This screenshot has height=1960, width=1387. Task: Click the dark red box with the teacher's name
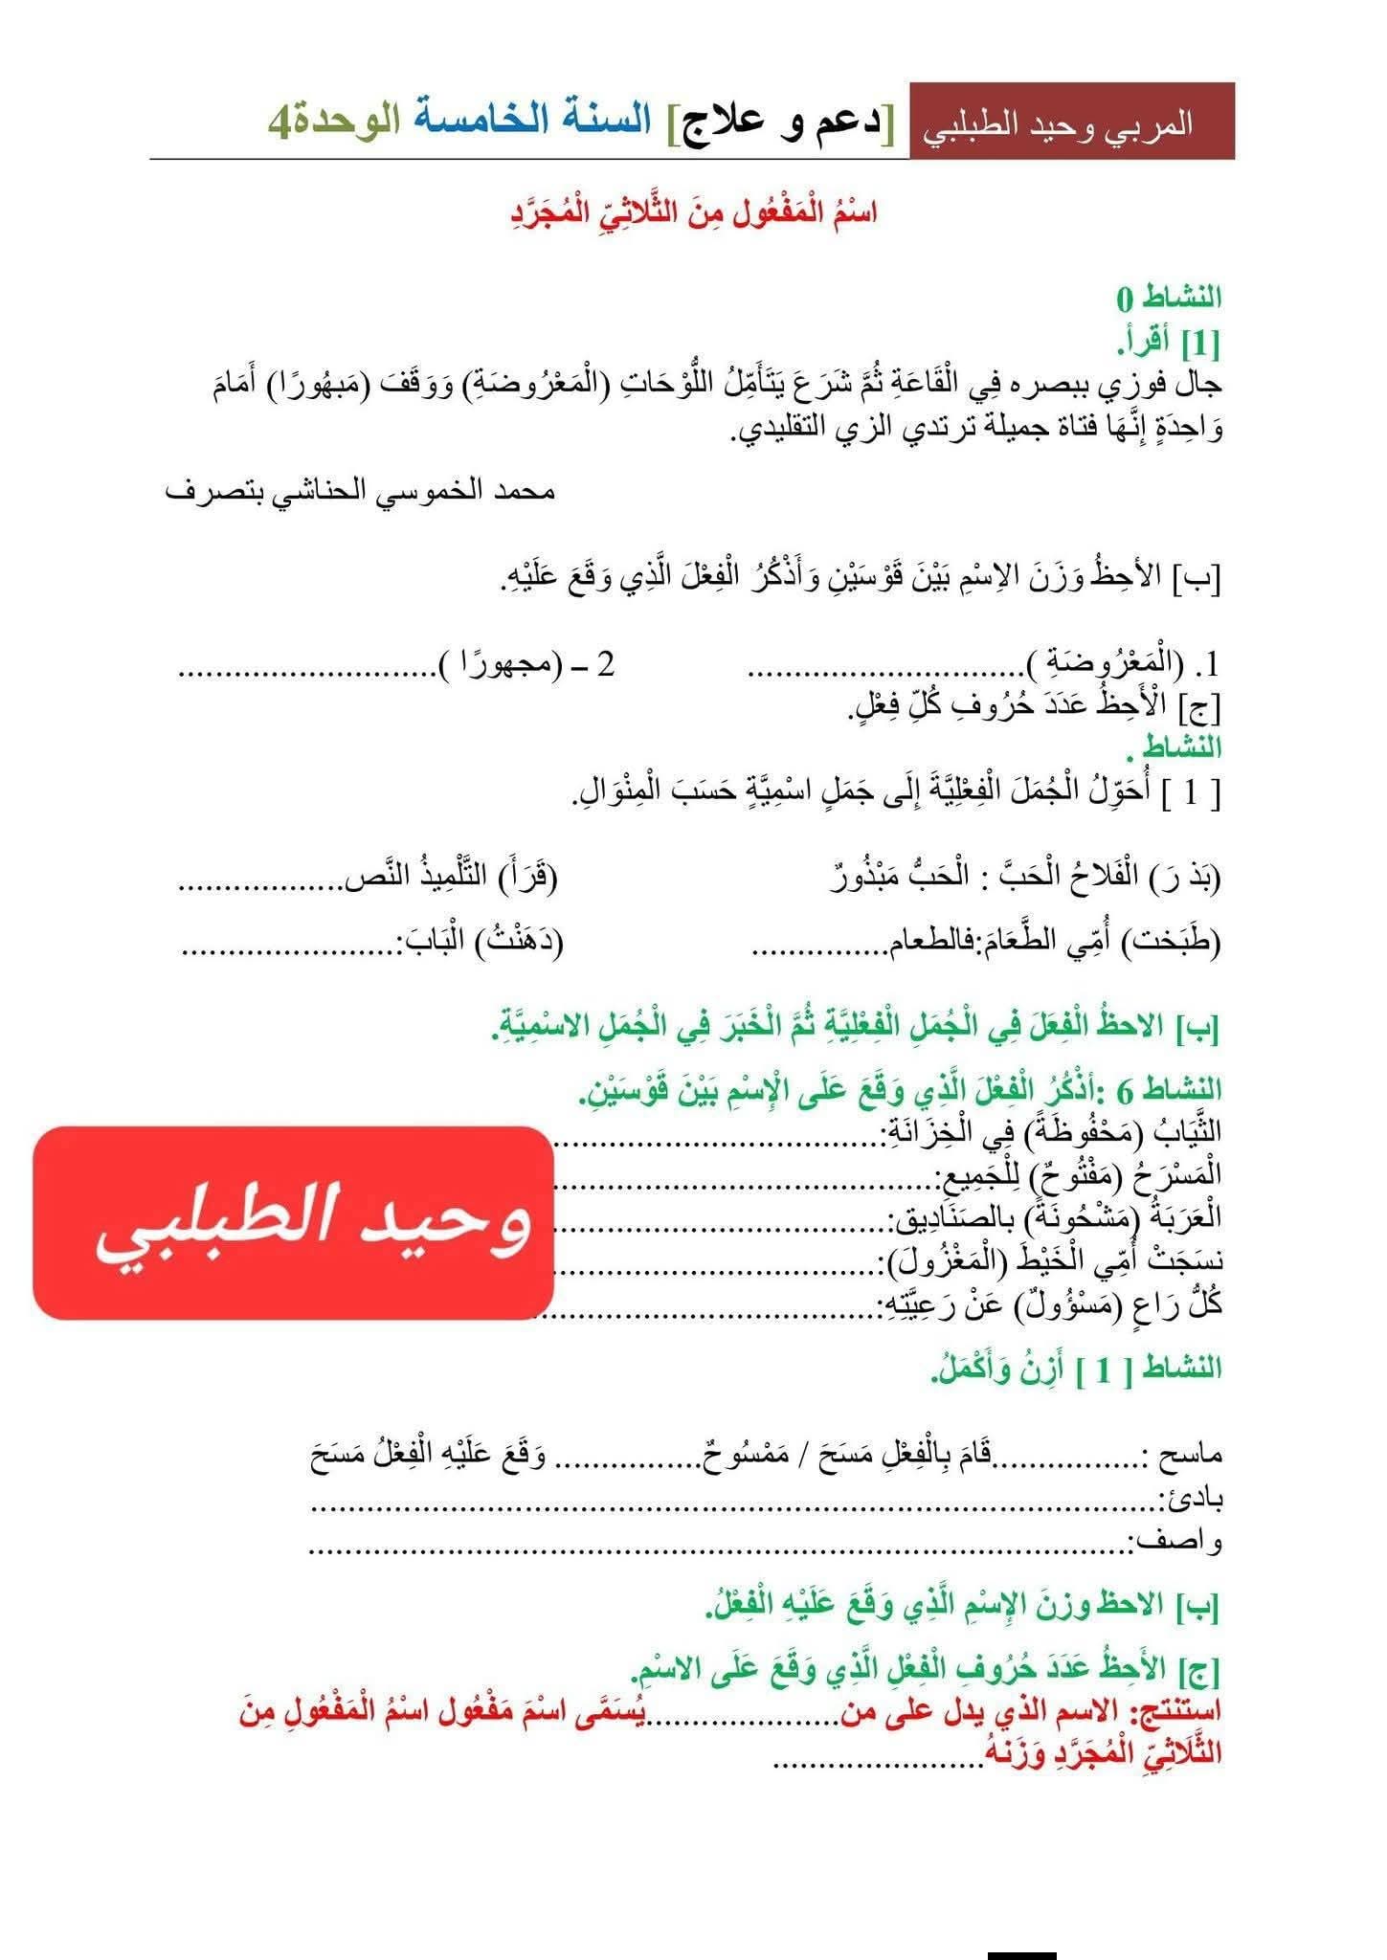pyautogui.click(x=1071, y=122)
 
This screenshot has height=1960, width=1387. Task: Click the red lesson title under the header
pyautogui.click(x=693, y=212)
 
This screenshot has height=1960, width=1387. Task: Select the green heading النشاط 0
pyautogui.click(x=1170, y=298)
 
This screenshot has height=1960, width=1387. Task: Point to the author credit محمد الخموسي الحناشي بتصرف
pyautogui.click(x=361, y=492)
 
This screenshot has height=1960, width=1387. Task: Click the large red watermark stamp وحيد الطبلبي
pyautogui.click(x=294, y=1222)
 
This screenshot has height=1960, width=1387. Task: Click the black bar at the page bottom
pyautogui.click(x=1022, y=1953)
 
